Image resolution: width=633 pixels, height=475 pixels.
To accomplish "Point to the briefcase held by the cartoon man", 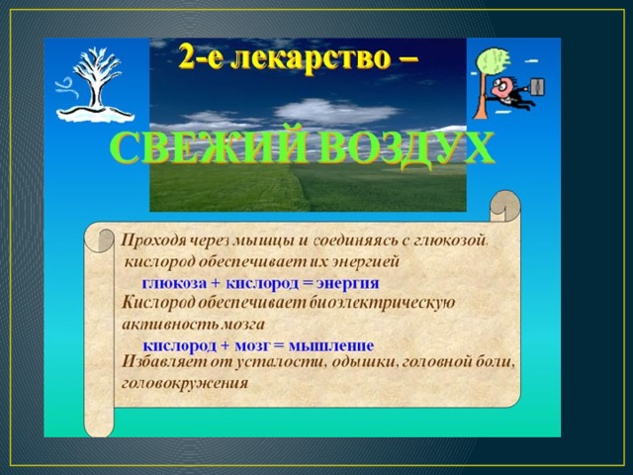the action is [536, 87].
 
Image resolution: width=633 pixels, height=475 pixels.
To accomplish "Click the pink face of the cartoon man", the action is [501, 87].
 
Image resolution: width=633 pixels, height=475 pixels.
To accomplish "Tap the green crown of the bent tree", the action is [493, 61].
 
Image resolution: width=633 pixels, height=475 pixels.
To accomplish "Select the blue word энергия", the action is [347, 283].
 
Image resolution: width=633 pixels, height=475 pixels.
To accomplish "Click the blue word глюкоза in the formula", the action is [174, 283].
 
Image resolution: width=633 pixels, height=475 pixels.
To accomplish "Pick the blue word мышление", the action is [331, 345].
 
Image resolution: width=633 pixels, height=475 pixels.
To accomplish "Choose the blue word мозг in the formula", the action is [252, 345].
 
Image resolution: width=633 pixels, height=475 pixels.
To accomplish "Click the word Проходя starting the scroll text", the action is [153, 241].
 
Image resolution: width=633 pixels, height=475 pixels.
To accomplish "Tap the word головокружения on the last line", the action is [185, 383].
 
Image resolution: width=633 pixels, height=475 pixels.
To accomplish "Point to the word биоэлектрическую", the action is [382, 303].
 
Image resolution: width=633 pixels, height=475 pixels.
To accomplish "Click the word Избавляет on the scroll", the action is [164, 361].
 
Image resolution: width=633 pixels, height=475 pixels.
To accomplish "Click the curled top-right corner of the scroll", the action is [505, 207].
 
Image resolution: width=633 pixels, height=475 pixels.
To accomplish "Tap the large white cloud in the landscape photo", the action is [336, 111].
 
